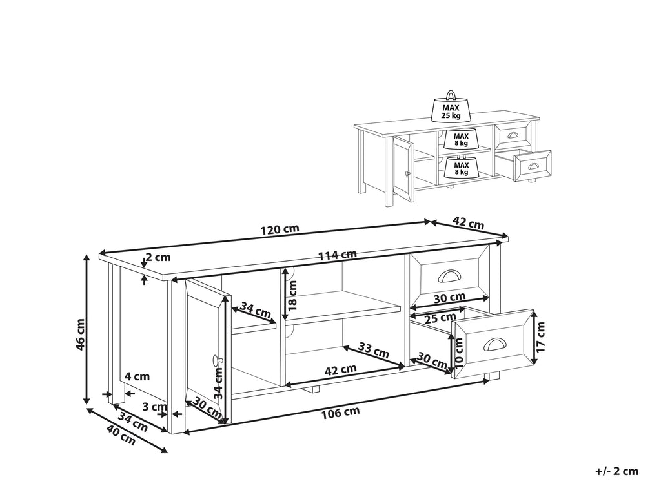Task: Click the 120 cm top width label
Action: pos(280,229)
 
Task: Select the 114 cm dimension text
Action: pos(337,254)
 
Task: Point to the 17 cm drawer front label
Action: pos(540,337)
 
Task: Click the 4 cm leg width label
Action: pos(137,376)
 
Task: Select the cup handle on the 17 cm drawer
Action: pos(493,344)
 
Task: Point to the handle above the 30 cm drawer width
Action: pos(448,276)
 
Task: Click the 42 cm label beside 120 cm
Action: pos(468,224)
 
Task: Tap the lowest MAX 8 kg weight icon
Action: pos(461,168)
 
